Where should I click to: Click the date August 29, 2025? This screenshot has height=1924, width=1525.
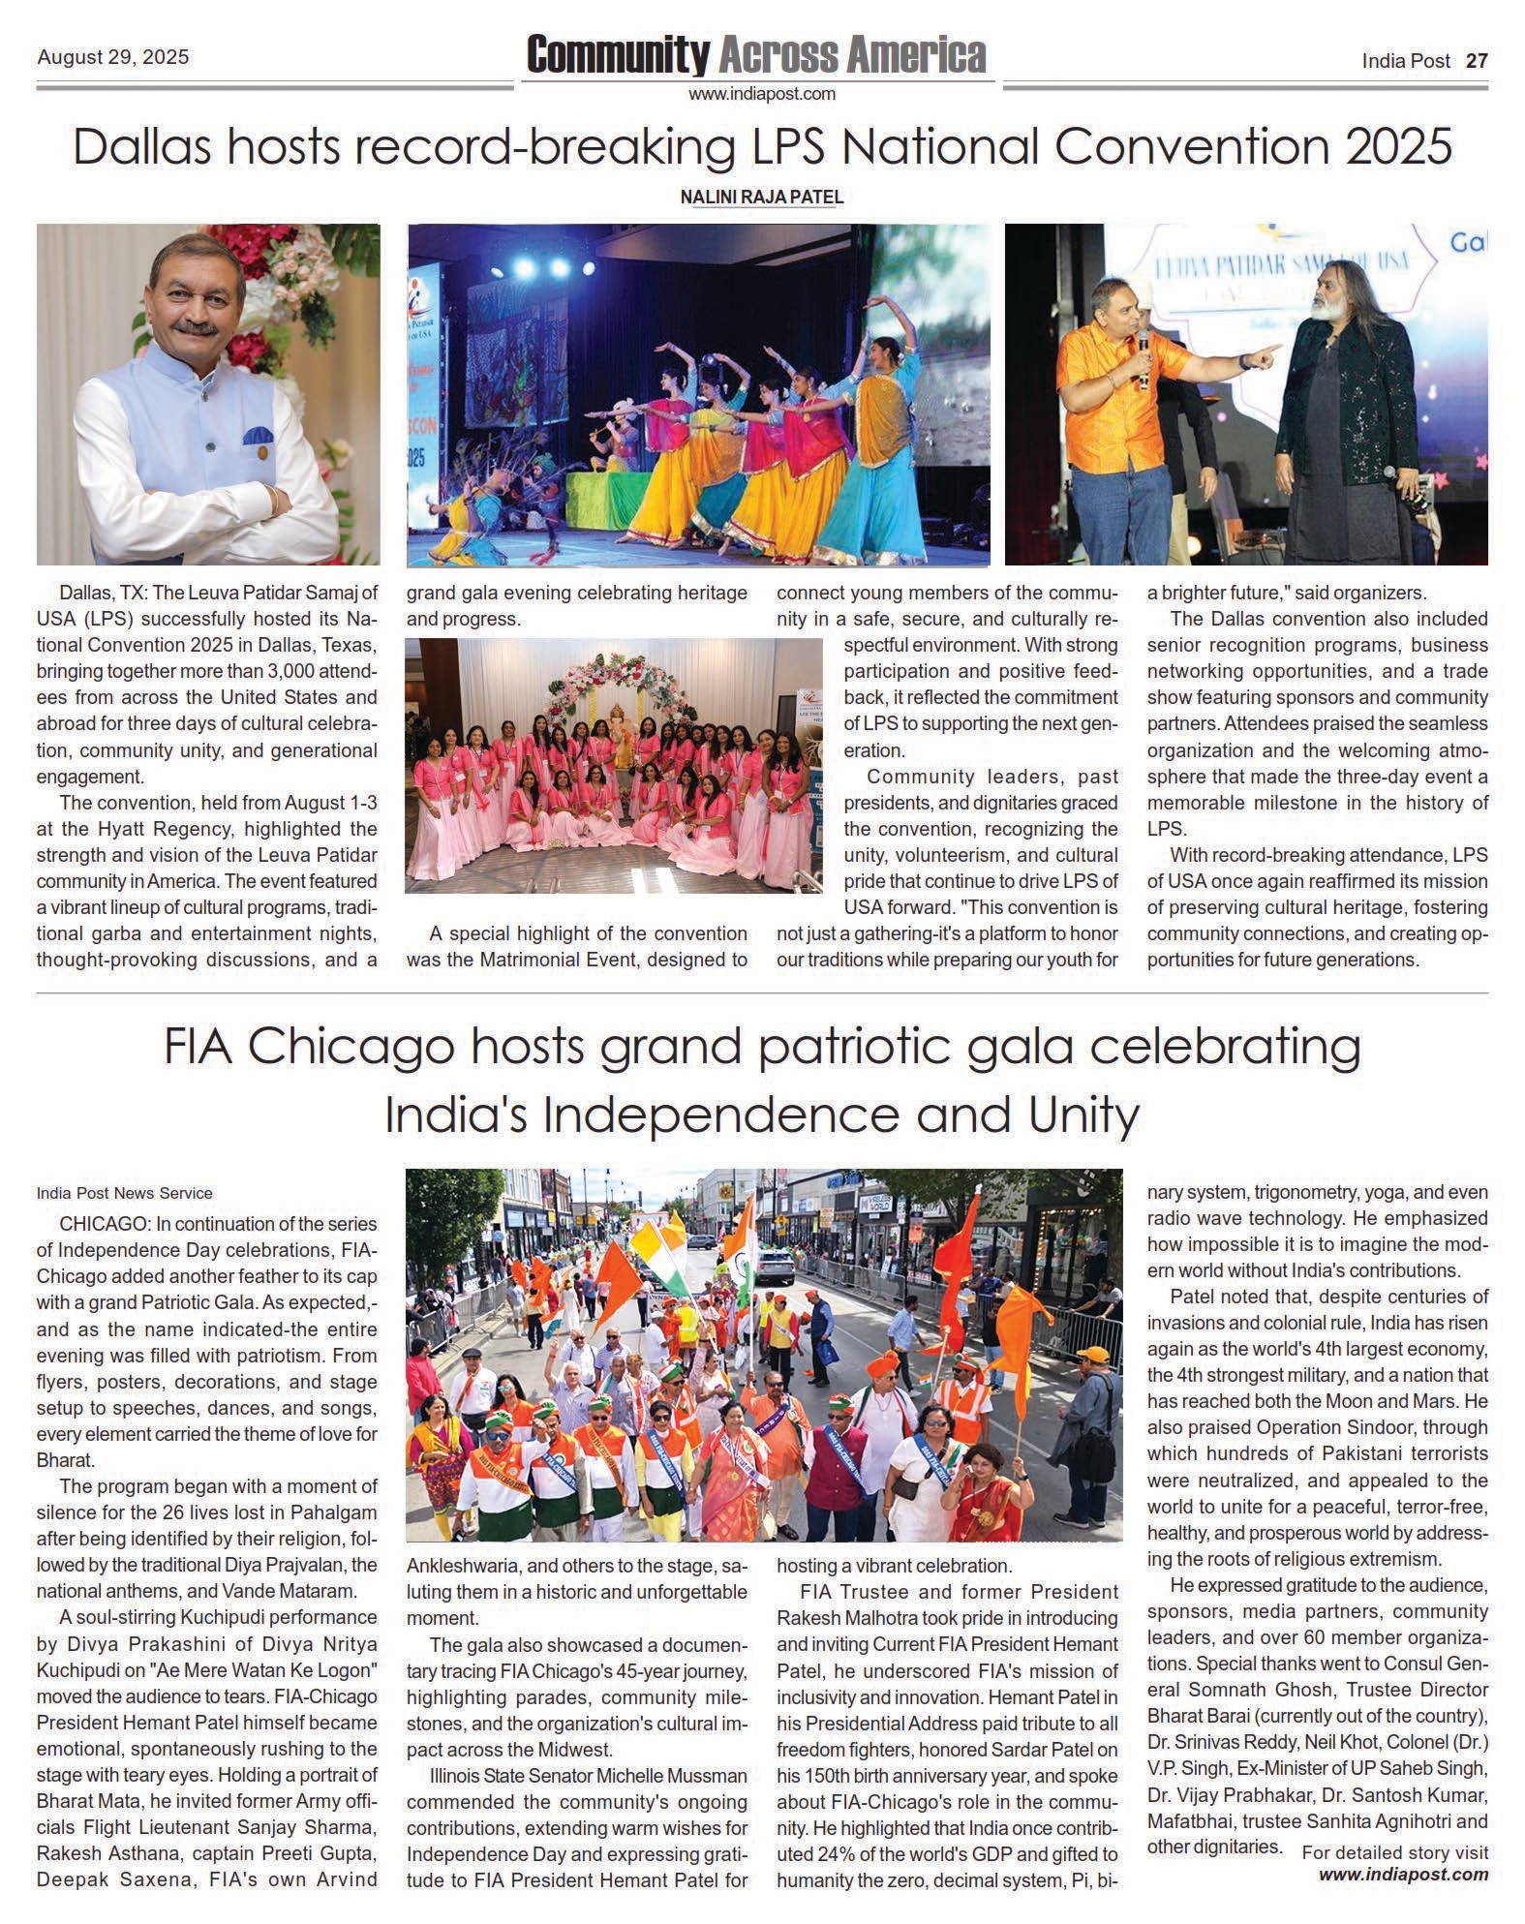click(x=112, y=57)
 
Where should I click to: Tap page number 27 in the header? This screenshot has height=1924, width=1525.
click(x=1476, y=60)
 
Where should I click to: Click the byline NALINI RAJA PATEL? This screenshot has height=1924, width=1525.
click(x=762, y=197)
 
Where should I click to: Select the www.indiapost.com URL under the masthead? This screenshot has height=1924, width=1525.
click(x=762, y=94)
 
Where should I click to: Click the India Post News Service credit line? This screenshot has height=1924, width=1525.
click(x=125, y=1193)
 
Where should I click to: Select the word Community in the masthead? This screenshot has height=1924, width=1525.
click(x=618, y=55)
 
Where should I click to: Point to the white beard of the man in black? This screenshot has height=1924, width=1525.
click(x=1327, y=337)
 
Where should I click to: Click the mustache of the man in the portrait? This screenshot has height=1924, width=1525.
click(x=198, y=329)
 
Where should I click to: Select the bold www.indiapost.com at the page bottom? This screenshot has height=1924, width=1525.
click(x=1403, y=1901)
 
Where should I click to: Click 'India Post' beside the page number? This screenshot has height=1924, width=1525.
click(x=1406, y=60)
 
